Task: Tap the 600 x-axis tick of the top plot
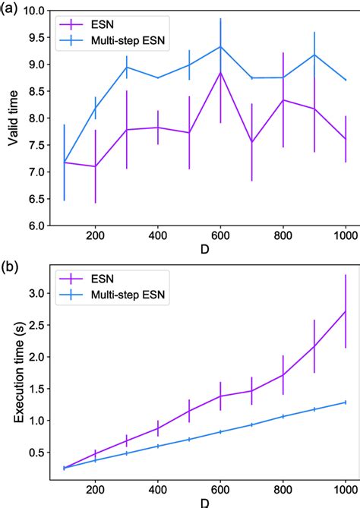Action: [220, 237]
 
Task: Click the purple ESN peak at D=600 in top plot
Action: [221, 73]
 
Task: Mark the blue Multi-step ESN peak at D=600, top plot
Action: [221, 46]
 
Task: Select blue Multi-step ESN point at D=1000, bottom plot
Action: [346, 402]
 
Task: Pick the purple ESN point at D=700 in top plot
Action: [252, 142]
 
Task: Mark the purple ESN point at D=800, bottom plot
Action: [283, 374]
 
